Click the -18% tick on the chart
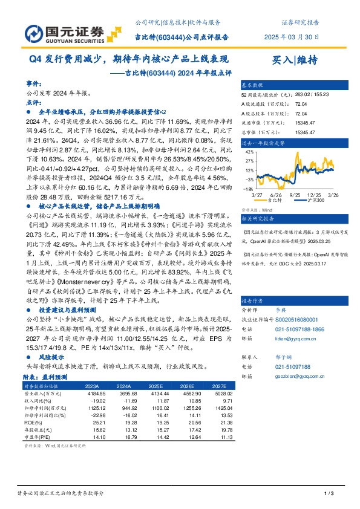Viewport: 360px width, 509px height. coord(247,189)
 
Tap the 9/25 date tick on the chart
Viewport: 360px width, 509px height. coord(295,194)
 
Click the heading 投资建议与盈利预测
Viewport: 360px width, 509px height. coord(66,308)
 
